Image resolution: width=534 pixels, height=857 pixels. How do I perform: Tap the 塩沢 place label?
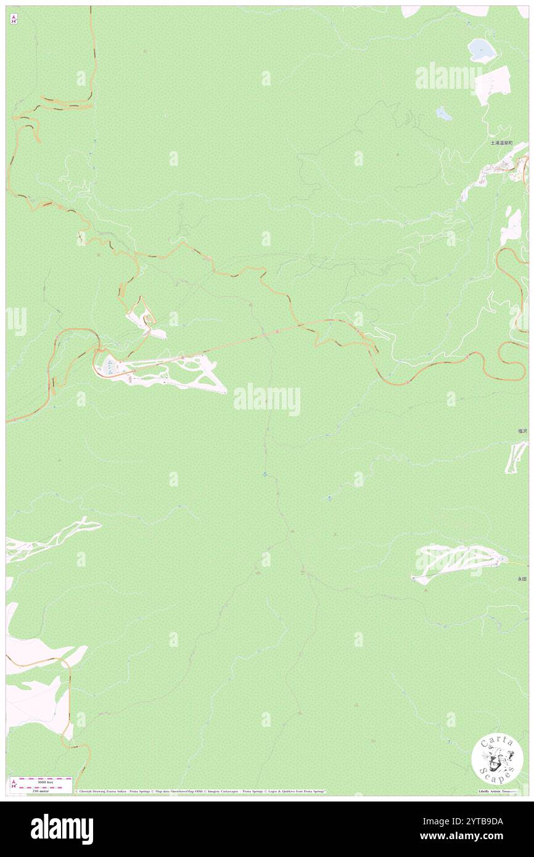tap(522, 431)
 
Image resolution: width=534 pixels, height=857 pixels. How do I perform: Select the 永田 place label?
tap(522, 579)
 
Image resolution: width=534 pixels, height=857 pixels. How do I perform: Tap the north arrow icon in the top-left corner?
tap(14, 19)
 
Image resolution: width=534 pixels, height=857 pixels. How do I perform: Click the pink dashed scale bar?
tap(41, 780)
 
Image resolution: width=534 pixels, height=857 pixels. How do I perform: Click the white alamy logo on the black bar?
tap(62, 829)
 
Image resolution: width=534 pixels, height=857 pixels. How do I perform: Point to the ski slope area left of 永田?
tap(456, 562)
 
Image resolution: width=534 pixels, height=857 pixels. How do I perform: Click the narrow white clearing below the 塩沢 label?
tap(516, 457)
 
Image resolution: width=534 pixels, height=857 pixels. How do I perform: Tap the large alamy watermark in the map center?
tap(267, 399)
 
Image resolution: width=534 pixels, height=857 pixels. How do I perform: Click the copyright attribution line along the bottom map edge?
tap(200, 791)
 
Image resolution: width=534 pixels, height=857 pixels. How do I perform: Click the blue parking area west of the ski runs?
tap(109, 367)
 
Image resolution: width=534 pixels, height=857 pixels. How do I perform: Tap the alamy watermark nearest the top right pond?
tap(448, 77)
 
